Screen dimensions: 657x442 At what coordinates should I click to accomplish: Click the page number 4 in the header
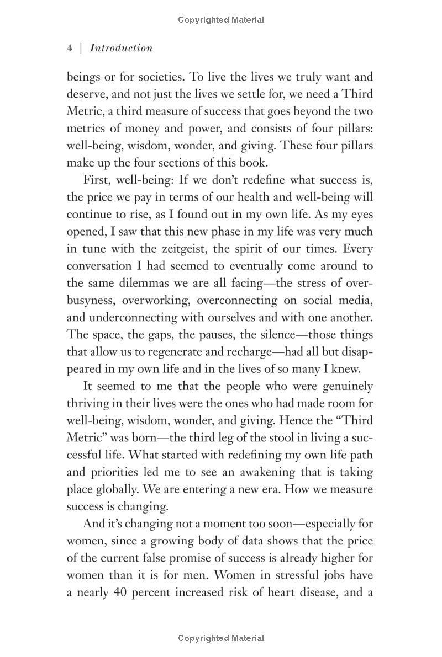(70, 48)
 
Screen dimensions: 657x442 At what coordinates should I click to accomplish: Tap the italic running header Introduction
(121, 48)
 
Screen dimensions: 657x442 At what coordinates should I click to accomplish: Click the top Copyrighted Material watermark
(221, 20)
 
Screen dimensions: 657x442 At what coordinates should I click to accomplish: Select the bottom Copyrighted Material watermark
(221, 638)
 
